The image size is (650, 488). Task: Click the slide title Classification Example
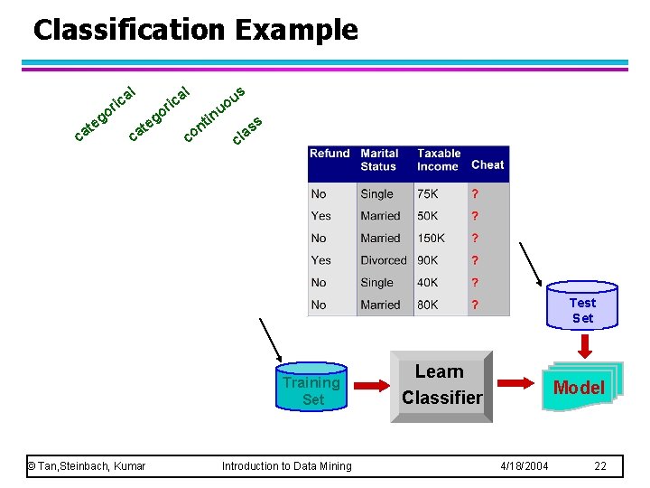pyautogui.click(x=195, y=30)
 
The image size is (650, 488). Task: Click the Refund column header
pyautogui.click(x=330, y=154)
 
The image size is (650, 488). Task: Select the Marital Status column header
pyautogui.click(x=379, y=160)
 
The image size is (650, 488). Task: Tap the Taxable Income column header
pyautogui.click(x=439, y=160)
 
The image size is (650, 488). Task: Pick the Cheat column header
pyautogui.click(x=487, y=164)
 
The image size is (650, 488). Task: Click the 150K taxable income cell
pyautogui.click(x=431, y=239)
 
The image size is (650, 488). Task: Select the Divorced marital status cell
pyautogui.click(x=384, y=260)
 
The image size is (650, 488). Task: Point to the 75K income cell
pyautogui.click(x=427, y=194)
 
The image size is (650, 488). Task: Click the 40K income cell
pyautogui.click(x=427, y=283)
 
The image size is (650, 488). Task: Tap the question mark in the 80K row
pyautogui.click(x=475, y=305)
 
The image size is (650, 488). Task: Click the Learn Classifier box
pyautogui.click(x=441, y=385)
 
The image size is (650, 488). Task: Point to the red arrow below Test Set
pyautogui.click(x=582, y=344)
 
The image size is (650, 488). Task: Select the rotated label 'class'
pyautogui.click(x=246, y=130)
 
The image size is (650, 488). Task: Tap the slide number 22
pyautogui.click(x=600, y=465)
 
